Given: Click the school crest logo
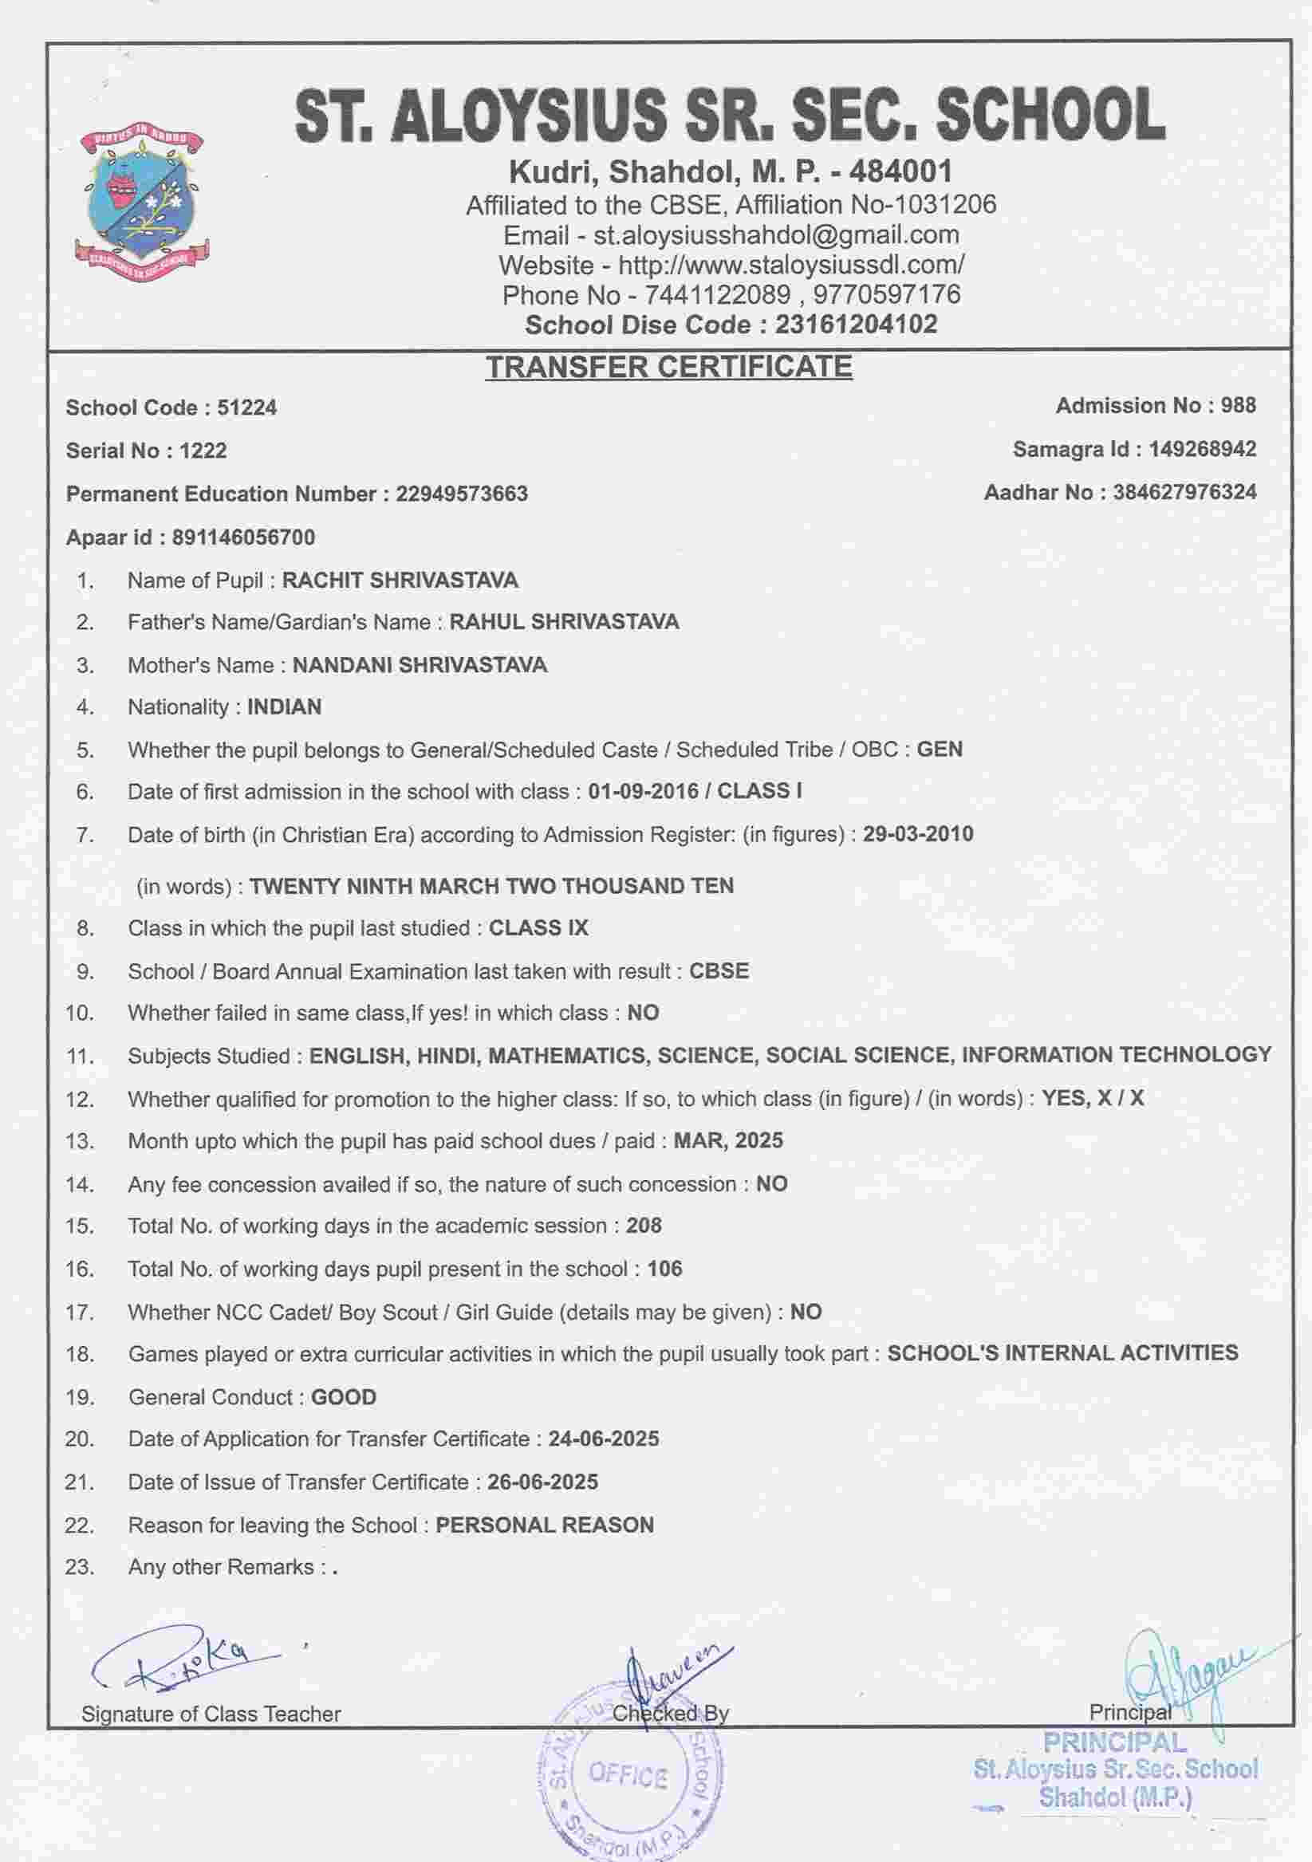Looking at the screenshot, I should point(142,203).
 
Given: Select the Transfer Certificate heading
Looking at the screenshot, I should point(669,367).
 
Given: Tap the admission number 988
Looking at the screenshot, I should point(1238,405).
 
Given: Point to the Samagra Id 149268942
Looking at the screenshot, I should point(1203,449).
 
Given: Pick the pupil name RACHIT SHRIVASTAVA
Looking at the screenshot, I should point(400,581).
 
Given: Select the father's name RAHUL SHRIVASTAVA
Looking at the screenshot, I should point(565,622).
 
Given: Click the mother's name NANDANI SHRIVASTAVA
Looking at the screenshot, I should point(420,665).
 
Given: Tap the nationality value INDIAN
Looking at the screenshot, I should point(284,707).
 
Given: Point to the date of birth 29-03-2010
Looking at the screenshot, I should point(918,834).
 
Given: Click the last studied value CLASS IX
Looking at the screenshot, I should point(538,928).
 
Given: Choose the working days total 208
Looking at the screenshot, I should point(644,1226).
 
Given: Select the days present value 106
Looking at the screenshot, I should point(665,1269).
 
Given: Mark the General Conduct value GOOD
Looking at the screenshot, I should point(344,1397).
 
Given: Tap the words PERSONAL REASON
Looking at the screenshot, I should point(544,1525).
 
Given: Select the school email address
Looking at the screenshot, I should point(776,235).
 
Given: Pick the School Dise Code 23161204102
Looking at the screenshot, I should point(856,325).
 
